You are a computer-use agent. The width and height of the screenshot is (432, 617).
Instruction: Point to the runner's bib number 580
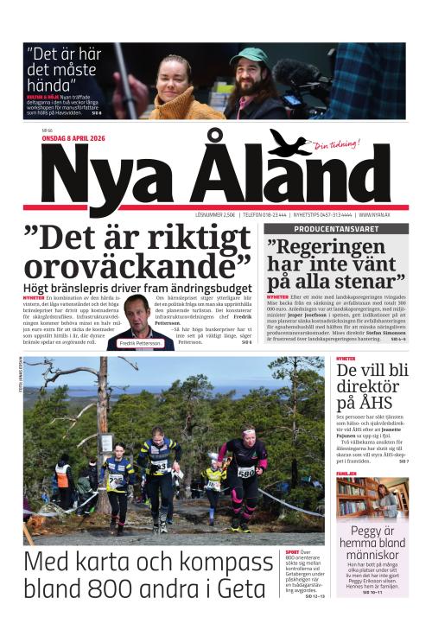[245, 472]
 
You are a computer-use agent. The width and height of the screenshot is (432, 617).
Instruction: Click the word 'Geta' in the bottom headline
[241, 590]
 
